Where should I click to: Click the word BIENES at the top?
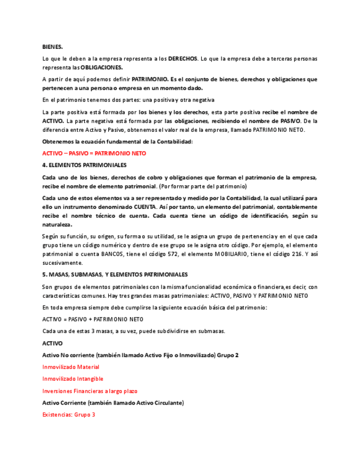click(52, 47)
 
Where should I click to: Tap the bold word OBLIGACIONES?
click(102, 67)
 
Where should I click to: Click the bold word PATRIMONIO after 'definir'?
click(149, 79)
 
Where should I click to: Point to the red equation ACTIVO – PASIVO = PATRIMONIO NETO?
click(94, 153)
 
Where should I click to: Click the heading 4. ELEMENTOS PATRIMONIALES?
click(84, 165)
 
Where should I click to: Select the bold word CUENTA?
click(145, 207)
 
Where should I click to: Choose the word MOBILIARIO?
click(234, 254)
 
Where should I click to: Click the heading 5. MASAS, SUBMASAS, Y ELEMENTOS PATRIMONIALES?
click(115, 274)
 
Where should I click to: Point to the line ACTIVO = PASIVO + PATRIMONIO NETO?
click(92, 319)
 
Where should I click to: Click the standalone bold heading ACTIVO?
click(52, 343)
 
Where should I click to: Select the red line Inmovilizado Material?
click(70, 367)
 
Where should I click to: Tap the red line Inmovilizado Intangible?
click(73, 379)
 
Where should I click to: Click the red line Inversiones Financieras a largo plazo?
click(90, 391)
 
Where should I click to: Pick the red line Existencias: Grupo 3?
click(69, 414)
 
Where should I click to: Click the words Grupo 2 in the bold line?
click(229, 355)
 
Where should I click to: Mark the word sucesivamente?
click(62, 263)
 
